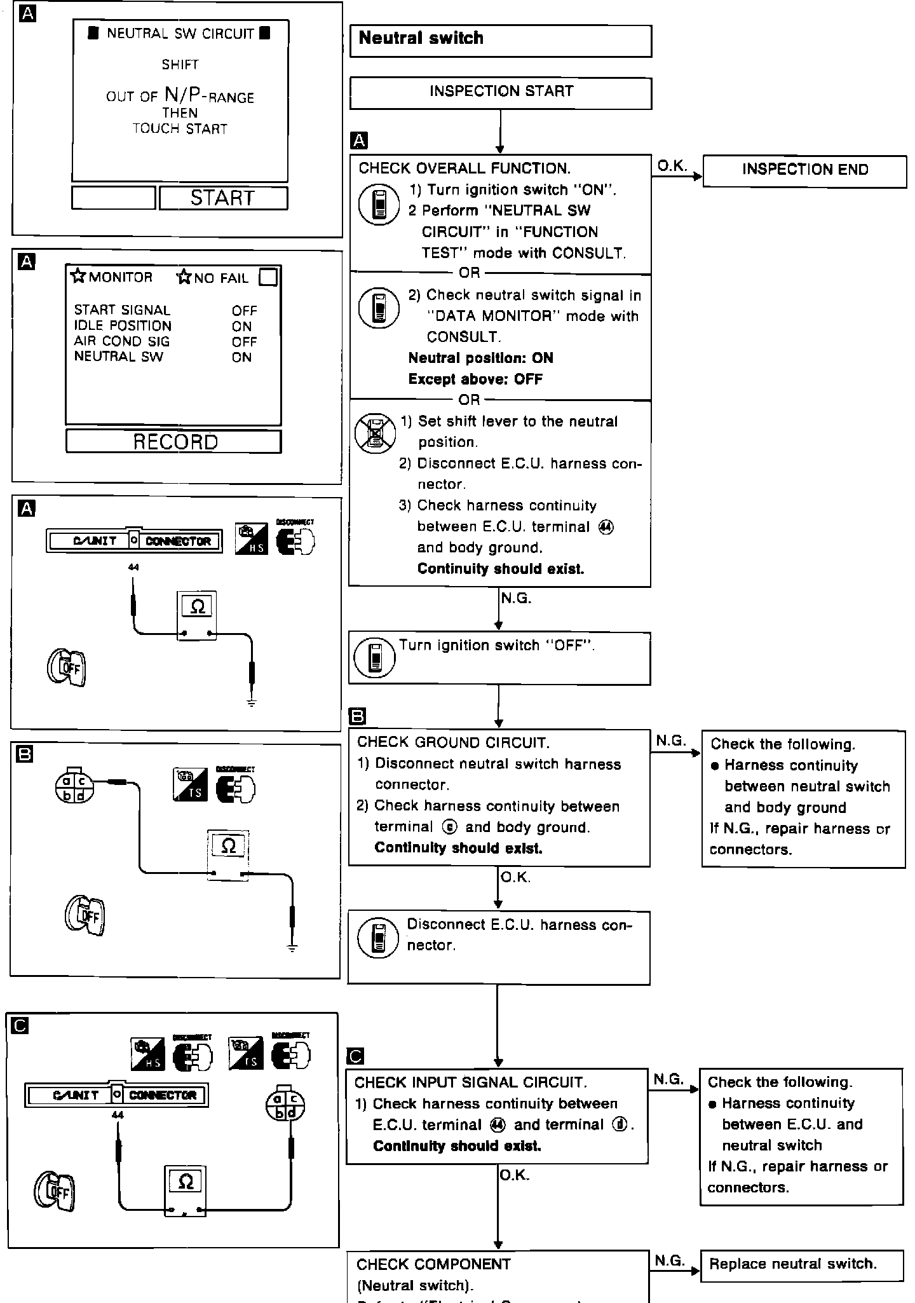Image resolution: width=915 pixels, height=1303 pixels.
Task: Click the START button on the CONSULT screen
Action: point(223,198)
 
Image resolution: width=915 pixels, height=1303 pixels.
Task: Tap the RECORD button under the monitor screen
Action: point(173,442)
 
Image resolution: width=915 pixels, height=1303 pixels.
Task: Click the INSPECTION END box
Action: point(804,170)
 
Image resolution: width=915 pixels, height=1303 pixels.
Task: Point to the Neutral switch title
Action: point(421,39)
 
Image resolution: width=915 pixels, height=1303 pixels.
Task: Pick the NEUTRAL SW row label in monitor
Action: point(118,357)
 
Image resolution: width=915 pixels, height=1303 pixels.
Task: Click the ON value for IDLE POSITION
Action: point(241,326)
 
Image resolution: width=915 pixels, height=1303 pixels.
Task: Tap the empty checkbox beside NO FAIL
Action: point(268,278)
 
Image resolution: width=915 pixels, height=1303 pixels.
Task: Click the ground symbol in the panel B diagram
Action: point(292,948)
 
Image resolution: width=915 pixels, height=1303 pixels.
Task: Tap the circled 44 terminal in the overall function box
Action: point(606,527)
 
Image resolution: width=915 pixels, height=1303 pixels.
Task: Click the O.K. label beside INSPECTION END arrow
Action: point(672,166)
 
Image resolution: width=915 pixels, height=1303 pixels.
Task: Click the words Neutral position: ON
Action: point(480,358)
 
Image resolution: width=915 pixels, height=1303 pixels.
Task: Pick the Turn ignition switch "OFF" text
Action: point(497,645)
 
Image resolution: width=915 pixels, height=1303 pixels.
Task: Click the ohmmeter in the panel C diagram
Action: point(185,1190)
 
